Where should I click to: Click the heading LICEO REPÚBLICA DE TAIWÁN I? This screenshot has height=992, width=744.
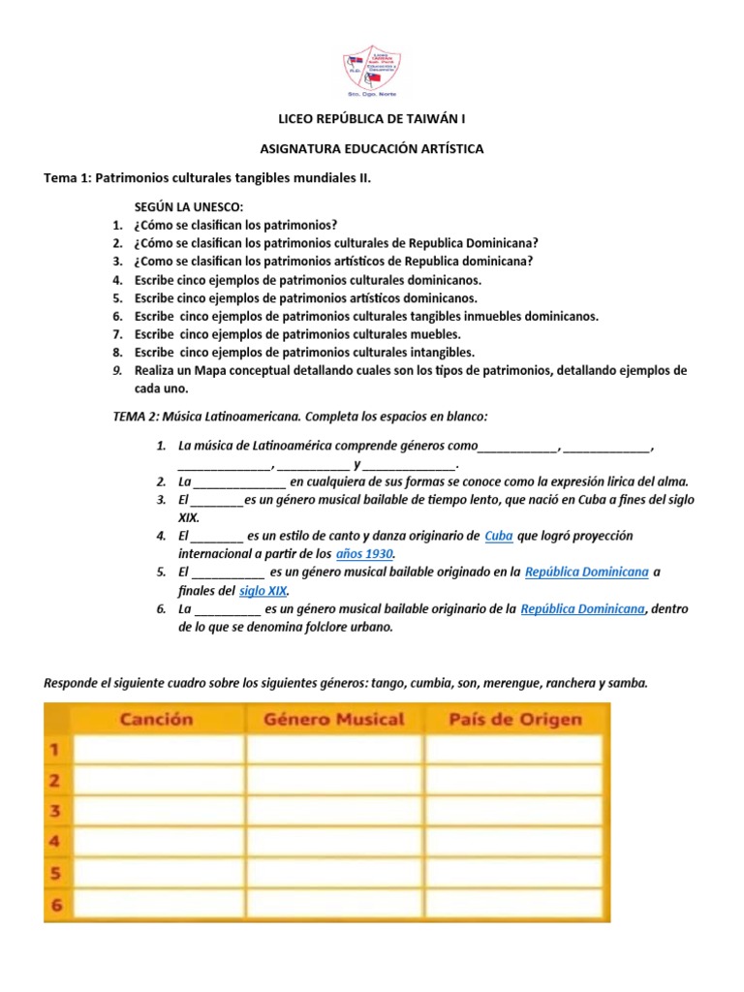coord(372,120)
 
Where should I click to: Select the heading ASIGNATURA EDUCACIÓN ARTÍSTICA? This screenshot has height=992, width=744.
coord(372,149)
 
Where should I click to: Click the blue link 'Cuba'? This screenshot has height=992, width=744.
coord(498,536)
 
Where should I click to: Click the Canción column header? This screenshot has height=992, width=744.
coord(157,719)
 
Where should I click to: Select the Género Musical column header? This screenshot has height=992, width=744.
coord(334,719)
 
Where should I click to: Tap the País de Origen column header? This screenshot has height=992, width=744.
coord(515,719)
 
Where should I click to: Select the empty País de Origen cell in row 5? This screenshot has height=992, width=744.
coord(515,873)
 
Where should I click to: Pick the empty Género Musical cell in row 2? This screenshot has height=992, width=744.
coord(334,780)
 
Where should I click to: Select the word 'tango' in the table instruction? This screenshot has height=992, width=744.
coord(385,683)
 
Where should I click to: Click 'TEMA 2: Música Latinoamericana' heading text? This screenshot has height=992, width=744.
coord(207,416)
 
